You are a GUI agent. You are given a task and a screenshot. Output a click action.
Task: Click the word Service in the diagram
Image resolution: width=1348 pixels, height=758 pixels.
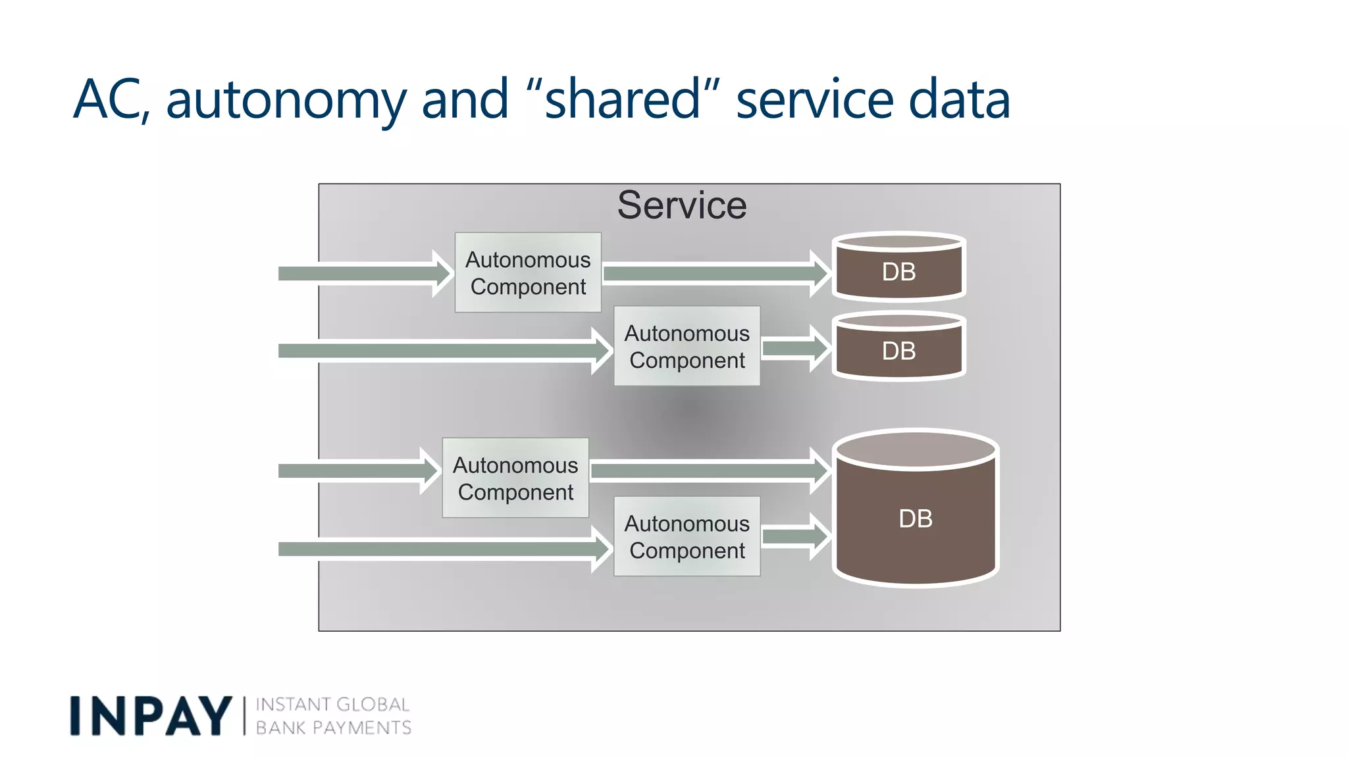[682, 205]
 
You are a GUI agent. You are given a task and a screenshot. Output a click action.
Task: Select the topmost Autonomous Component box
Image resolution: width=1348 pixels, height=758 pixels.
[528, 272]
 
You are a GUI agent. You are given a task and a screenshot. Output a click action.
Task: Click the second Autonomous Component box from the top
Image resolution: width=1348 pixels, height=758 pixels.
[687, 346]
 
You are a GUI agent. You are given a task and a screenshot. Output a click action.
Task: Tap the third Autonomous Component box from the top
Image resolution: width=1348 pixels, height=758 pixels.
[515, 478]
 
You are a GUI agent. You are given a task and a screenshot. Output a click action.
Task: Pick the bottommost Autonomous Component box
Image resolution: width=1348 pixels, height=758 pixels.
[687, 536]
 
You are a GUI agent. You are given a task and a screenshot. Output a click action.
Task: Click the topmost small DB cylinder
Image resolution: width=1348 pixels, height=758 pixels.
[898, 267]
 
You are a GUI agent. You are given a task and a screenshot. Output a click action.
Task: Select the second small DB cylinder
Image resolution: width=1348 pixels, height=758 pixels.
[898, 347]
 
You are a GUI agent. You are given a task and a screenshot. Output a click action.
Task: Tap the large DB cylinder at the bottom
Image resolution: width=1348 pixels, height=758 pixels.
[916, 509]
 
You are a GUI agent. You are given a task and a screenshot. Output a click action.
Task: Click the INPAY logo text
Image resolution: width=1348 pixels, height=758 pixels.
[151, 716]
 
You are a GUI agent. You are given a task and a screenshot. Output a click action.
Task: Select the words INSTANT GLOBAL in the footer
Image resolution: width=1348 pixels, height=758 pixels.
[332, 705]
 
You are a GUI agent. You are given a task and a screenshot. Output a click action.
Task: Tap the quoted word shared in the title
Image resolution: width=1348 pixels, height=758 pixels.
[623, 100]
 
